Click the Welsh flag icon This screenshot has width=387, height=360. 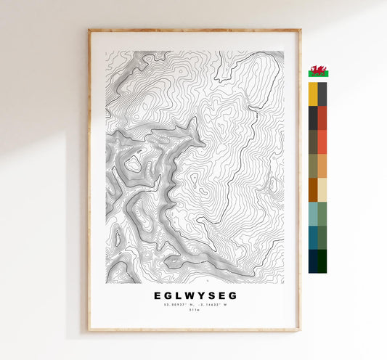point(318,71)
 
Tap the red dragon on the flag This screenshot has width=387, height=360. point(318,71)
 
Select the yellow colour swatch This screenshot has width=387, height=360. point(313,94)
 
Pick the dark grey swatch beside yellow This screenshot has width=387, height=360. point(322,94)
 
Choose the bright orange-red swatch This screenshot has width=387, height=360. point(322,142)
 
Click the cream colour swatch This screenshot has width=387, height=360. point(322,189)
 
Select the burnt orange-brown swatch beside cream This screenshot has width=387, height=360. point(313,189)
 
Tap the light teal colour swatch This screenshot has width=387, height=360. point(313,213)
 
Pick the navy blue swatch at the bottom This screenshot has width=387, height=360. point(313,261)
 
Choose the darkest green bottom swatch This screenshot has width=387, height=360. point(322,261)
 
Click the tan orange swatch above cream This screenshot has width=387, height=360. point(322,166)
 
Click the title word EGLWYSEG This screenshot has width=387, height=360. point(195,296)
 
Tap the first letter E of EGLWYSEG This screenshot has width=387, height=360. point(158,296)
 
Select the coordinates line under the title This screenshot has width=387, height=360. point(195,306)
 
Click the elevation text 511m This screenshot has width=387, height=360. point(195,313)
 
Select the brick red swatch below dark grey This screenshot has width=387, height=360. point(322,118)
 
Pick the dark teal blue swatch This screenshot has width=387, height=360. point(313,237)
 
